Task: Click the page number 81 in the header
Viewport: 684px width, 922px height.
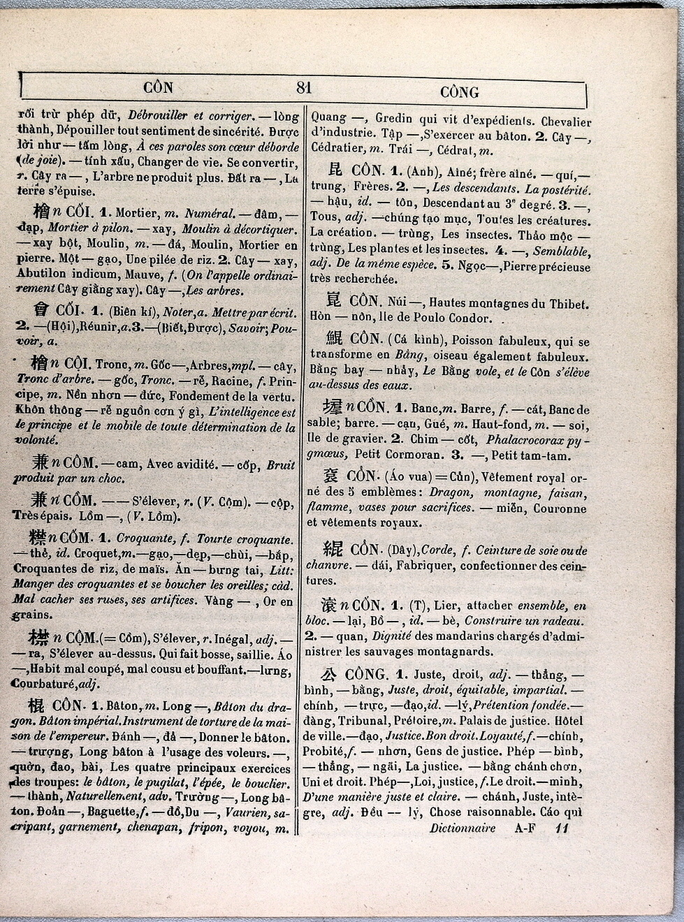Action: click(x=304, y=88)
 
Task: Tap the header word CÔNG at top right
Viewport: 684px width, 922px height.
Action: click(x=459, y=92)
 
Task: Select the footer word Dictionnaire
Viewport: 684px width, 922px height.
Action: click(x=463, y=828)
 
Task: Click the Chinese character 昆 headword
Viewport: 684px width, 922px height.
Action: click(x=335, y=170)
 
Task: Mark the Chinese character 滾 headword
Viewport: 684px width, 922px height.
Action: click(x=329, y=605)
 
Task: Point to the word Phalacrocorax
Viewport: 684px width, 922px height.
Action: click(x=525, y=439)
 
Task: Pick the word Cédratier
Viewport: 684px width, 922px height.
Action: click(x=337, y=149)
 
